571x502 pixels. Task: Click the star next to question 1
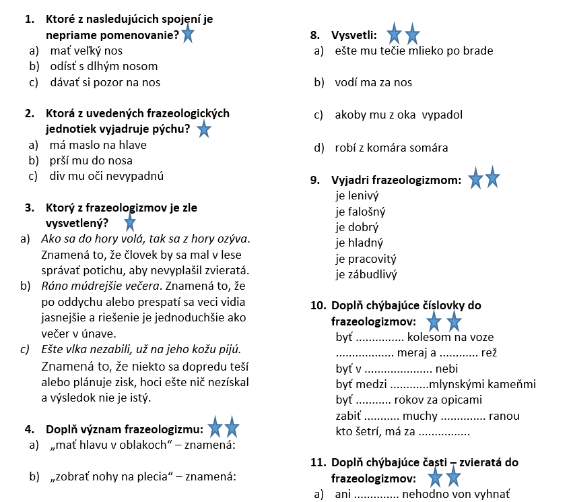(188, 34)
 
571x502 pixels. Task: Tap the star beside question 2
(203, 129)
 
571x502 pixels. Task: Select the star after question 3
(130, 223)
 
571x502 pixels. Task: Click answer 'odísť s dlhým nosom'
(103, 66)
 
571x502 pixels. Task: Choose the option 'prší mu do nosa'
(91, 160)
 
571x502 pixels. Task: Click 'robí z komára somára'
(391, 148)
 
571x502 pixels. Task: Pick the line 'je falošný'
(360, 212)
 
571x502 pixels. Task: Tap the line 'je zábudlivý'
(366, 274)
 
